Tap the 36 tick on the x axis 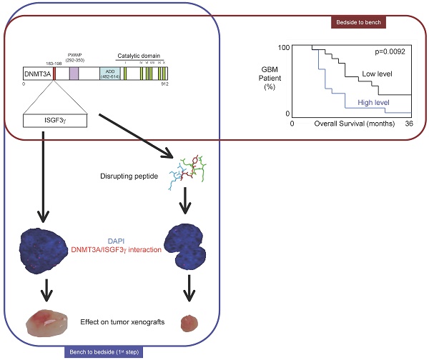408,124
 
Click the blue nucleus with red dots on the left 48,249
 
